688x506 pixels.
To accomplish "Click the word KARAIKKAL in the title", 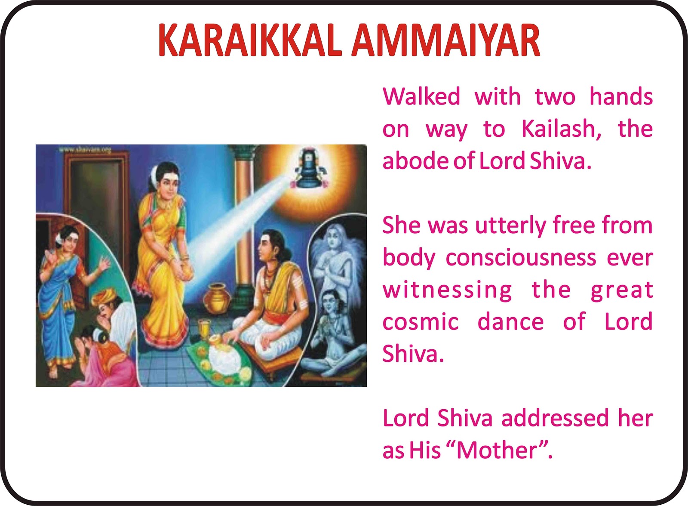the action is [250, 40].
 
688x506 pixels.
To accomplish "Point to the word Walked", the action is [421, 96].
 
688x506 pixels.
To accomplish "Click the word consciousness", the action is [521, 258].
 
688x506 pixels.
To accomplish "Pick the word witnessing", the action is [447, 290].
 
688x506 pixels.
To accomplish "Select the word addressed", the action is [555, 418].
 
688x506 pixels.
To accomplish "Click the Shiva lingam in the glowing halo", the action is [310, 172].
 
